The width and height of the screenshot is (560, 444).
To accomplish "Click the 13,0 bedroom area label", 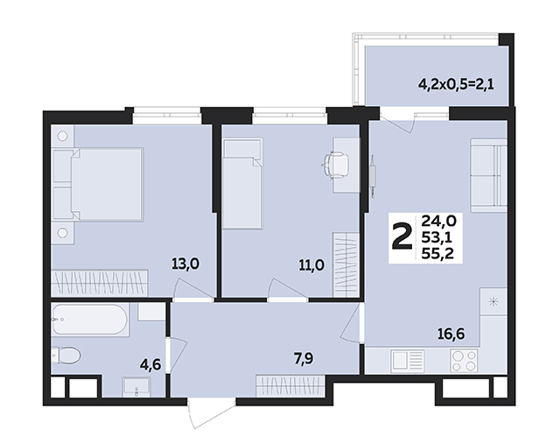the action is click(x=185, y=264).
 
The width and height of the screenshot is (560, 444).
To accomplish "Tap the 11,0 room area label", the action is click(x=311, y=265).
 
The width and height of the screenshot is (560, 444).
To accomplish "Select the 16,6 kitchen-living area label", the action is click(x=451, y=335).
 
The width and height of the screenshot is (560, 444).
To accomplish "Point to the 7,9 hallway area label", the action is click(x=304, y=358).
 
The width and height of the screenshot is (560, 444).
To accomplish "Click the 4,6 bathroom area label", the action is click(x=151, y=365).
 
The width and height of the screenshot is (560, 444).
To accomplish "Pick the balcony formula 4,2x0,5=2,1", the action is click(x=457, y=85).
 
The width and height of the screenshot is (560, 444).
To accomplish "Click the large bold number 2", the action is click(x=402, y=236).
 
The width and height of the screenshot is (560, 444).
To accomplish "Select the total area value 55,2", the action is click(x=437, y=253).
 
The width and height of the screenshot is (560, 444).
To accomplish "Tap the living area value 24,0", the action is click(x=438, y=222).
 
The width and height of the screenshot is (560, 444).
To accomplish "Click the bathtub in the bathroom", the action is click(x=89, y=320).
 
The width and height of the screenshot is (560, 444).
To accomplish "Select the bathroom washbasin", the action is click(x=136, y=387).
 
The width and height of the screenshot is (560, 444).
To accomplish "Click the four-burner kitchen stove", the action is click(x=464, y=360).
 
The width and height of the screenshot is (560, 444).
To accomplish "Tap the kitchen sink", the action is click(x=407, y=360).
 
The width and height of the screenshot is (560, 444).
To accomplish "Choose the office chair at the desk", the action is click(x=335, y=164).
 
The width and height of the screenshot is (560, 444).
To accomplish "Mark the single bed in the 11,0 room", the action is click(x=243, y=183).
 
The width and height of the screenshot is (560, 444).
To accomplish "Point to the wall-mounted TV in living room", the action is click(x=373, y=175).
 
